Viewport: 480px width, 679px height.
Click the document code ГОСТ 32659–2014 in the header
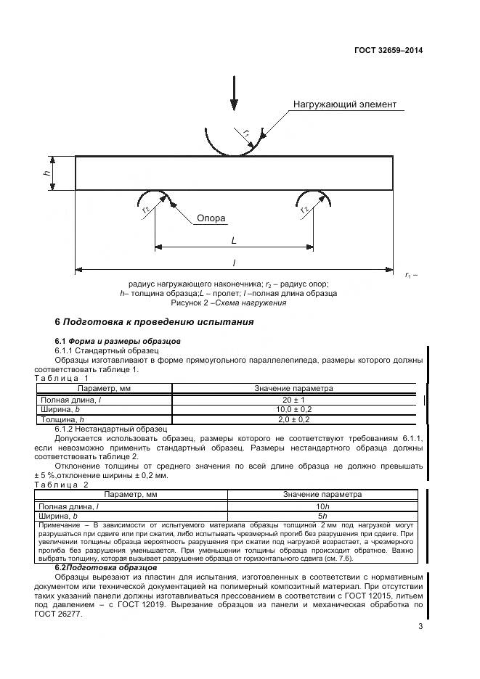coord(389,51)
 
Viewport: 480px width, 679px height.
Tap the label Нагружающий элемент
coord(345,104)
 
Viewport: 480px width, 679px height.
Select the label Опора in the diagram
coord(211,218)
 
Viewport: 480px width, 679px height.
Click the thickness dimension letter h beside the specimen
coord(46,173)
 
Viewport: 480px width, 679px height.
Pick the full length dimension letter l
coord(234,263)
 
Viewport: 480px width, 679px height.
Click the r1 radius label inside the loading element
coord(246,133)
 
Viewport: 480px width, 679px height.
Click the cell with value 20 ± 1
coord(293,400)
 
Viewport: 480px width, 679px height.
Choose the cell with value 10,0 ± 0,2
coord(293,409)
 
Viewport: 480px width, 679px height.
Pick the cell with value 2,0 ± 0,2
coord(293,419)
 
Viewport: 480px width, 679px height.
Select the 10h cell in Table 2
coord(322,505)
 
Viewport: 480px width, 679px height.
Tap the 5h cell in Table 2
coord(322,515)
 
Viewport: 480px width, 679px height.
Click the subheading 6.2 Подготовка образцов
coord(106,567)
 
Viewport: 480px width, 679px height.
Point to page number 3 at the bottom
coord(420,627)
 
